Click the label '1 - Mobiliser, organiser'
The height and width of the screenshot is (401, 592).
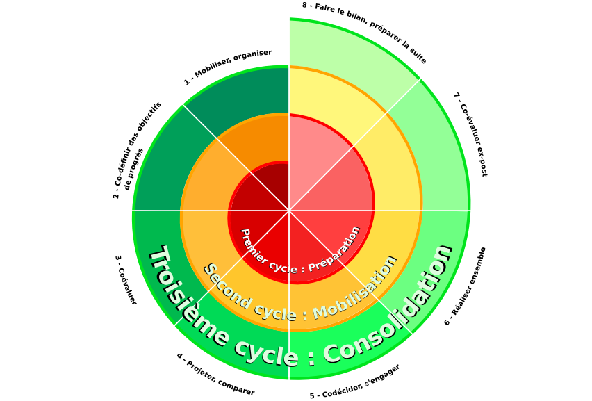[x=227, y=67]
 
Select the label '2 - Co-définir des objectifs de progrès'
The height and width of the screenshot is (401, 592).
[x=137, y=150]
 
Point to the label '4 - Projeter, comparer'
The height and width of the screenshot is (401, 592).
[x=215, y=375]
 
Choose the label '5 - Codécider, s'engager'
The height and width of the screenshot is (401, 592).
[x=354, y=382]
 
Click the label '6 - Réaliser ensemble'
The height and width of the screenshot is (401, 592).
[x=465, y=285]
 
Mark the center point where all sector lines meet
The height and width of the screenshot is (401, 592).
[x=289, y=210]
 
